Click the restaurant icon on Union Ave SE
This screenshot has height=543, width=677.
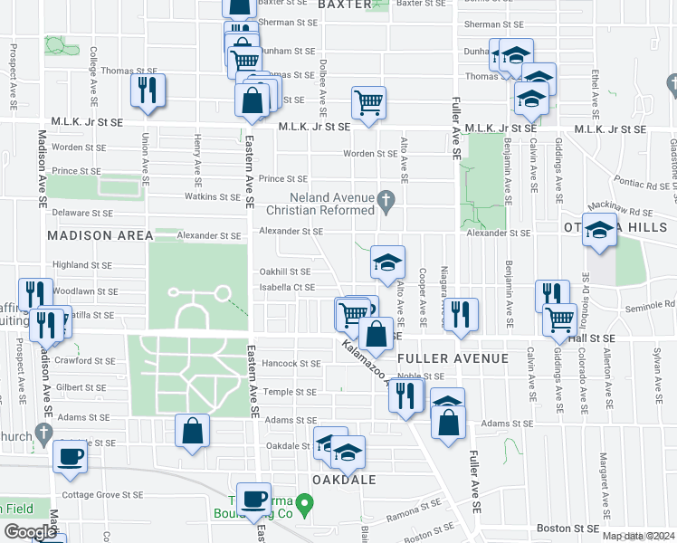(x=146, y=90)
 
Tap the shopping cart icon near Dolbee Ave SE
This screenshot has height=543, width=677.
(x=368, y=102)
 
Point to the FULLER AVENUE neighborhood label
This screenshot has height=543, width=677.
(x=464, y=358)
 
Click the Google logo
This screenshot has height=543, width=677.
(x=30, y=532)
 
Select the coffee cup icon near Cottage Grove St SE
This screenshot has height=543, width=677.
(x=70, y=455)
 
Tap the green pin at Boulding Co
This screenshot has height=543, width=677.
(x=305, y=502)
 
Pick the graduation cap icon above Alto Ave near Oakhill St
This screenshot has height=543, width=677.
(x=387, y=262)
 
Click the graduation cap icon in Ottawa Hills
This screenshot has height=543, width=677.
(x=599, y=231)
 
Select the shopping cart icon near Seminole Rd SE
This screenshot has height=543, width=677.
(x=560, y=319)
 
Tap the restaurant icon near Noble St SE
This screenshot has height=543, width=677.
(x=406, y=395)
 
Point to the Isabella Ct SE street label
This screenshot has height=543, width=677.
(x=287, y=288)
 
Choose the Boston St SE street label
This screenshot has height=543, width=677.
(x=567, y=528)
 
